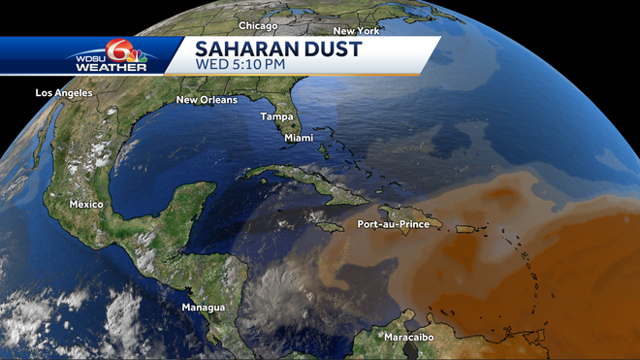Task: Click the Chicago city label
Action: [x=258, y=26]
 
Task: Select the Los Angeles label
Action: [x=63, y=93]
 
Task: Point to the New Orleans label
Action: [x=207, y=100]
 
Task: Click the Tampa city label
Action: [x=276, y=116]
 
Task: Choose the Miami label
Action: [x=299, y=139]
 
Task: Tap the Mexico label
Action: [x=86, y=205]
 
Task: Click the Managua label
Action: [x=204, y=308]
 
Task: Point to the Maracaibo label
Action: [x=409, y=337]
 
